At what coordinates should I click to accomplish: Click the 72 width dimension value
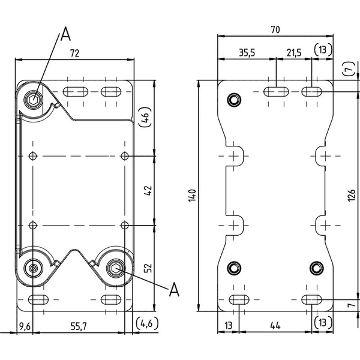coord(74,53)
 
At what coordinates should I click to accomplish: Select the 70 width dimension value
coord(275,29)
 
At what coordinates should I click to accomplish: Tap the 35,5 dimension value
coord(247,53)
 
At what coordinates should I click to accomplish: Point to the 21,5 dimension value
coord(294,53)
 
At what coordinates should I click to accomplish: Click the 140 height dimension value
coord(192,196)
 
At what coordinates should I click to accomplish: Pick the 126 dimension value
coord(352,196)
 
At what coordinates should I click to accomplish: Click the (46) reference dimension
coord(145,117)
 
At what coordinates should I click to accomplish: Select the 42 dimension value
coord(148,190)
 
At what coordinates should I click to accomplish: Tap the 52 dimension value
coord(148,268)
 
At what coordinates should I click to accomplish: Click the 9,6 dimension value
coord(25,326)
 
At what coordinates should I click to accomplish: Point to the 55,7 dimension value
coord(79,326)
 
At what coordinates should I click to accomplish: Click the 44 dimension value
coord(275,325)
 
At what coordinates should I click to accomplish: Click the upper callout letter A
coord(65,34)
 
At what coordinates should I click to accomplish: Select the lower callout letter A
coord(174,289)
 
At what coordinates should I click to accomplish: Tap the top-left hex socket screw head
coord(34,100)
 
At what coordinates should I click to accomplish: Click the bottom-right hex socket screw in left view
coord(116,268)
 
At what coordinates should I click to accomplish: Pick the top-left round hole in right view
coord(234,100)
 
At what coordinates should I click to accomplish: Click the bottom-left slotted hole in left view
coord(38,299)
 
